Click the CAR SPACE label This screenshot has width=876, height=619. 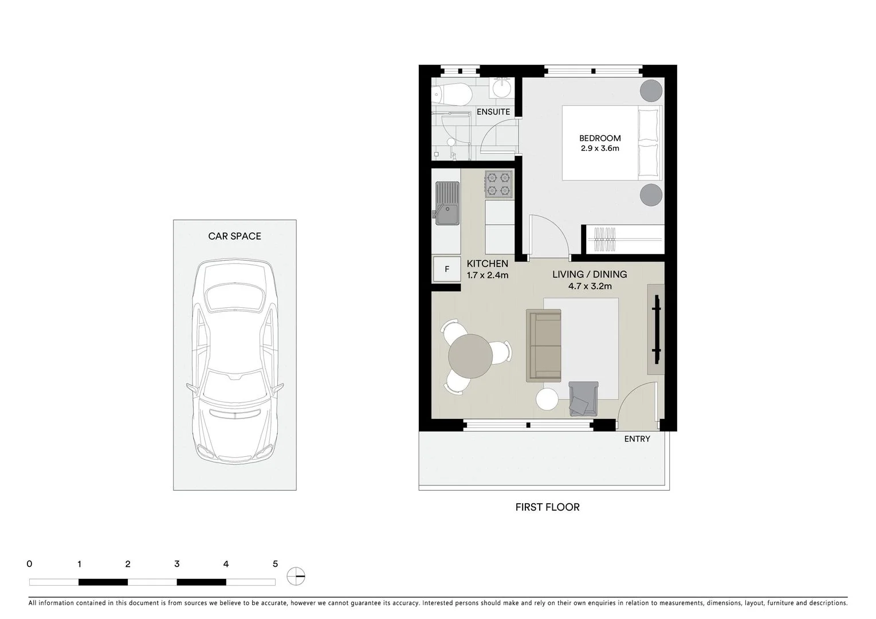point(234,236)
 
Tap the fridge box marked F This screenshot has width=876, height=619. point(447,269)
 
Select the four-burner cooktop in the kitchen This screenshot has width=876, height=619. point(498,184)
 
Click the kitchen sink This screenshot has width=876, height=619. point(447,203)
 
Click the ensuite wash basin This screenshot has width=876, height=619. point(502,88)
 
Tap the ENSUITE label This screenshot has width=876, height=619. point(493,112)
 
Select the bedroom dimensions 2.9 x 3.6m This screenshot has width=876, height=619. point(600,148)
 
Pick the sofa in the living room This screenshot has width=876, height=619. point(544,346)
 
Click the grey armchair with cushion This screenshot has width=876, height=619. point(583,399)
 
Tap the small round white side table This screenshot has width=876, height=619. point(547,399)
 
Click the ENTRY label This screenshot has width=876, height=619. point(637,439)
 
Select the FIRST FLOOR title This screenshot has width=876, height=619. point(547,507)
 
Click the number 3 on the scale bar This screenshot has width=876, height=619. point(176,564)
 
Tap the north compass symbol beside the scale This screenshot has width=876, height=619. point(296,576)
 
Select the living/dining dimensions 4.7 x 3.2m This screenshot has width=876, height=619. point(590,286)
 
